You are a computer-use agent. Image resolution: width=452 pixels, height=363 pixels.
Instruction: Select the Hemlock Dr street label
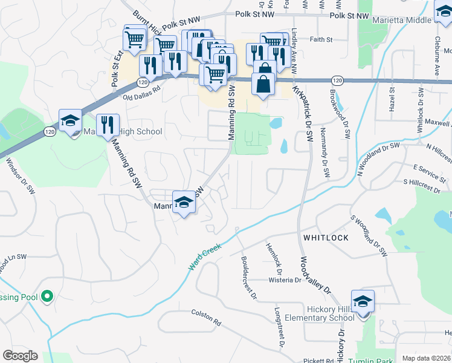pos(273,256)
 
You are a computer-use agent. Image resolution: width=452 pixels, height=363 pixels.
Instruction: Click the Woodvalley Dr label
pos(316,275)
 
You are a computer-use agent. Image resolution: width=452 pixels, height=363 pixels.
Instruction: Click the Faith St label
pos(321,40)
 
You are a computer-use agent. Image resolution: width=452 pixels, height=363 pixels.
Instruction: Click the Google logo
pos(20,356)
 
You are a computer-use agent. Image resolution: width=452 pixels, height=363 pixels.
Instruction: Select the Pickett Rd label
pos(318,361)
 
